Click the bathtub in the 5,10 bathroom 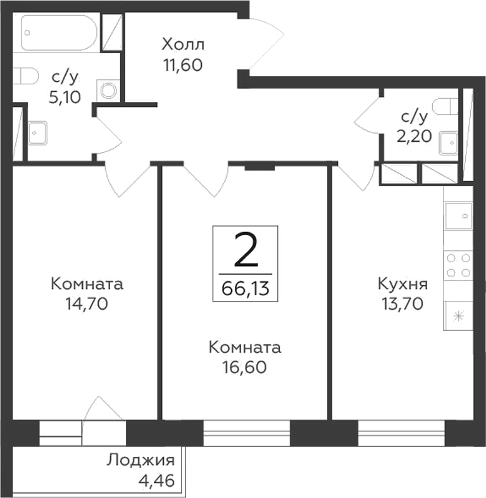(x=59, y=32)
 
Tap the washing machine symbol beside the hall (x=108, y=91)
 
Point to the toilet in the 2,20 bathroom (x=447, y=105)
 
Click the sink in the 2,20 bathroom (x=449, y=143)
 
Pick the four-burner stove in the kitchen (x=458, y=265)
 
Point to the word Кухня (x=402, y=284)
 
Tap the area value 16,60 (x=244, y=367)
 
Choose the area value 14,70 (x=87, y=303)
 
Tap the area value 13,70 (x=402, y=303)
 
